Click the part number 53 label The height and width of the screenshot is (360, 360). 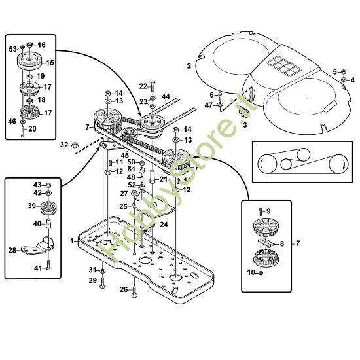12,49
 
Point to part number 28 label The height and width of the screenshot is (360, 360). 12,250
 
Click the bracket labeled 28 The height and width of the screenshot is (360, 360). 38,246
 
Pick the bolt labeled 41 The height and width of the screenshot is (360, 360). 48,265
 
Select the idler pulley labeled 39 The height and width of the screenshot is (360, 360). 48,207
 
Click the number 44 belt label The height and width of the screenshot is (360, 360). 166,96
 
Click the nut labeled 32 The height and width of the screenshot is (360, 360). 75,145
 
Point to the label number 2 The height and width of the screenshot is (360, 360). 189,66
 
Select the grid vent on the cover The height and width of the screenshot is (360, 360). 284,66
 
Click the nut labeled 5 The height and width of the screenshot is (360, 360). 344,71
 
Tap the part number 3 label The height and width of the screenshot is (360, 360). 245,126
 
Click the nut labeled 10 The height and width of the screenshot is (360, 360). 261,273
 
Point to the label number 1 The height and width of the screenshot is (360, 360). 72,241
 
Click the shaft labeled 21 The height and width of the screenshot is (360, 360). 153,176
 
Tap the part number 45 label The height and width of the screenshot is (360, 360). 124,156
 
